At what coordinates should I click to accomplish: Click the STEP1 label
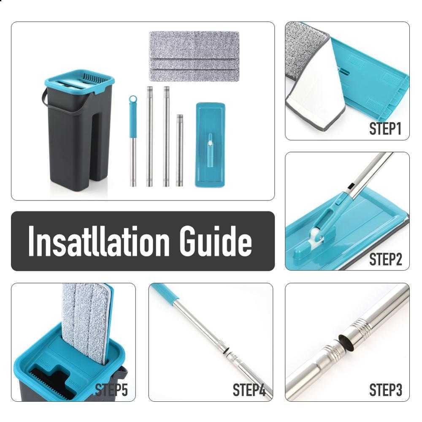tap(384, 128)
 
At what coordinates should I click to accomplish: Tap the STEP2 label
tap(385, 259)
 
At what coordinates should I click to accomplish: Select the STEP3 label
tap(385, 390)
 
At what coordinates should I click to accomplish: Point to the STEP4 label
tap(249, 390)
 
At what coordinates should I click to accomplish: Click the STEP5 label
tap(111, 390)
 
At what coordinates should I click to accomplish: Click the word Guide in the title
tap(216, 241)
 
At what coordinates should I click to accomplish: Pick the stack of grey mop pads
tap(194, 56)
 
